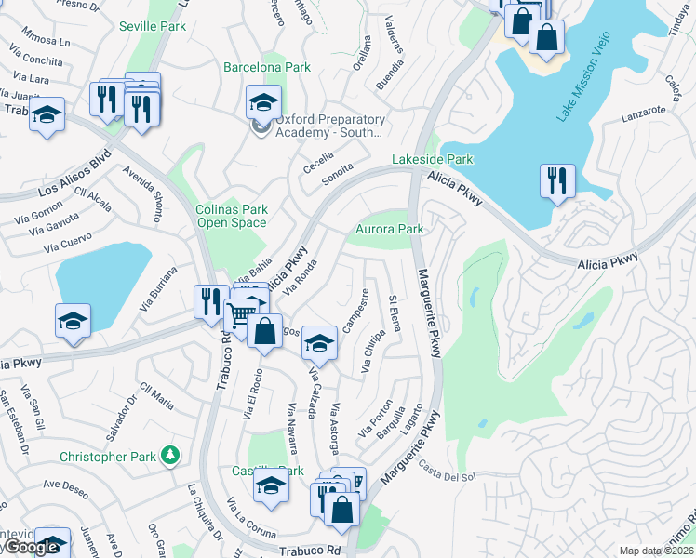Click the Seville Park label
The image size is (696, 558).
tap(154, 25)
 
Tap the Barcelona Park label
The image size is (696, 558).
tap(267, 67)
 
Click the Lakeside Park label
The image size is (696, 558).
tap(432, 159)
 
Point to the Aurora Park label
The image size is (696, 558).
tap(390, 229)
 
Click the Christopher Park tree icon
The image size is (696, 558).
tap(169, 455)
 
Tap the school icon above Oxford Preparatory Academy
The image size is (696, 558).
tap(264, 101)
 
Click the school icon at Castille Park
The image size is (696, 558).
tap(272, 485)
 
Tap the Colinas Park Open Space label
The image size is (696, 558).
tap(232, 216)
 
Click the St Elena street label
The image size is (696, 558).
tap(394, 312)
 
